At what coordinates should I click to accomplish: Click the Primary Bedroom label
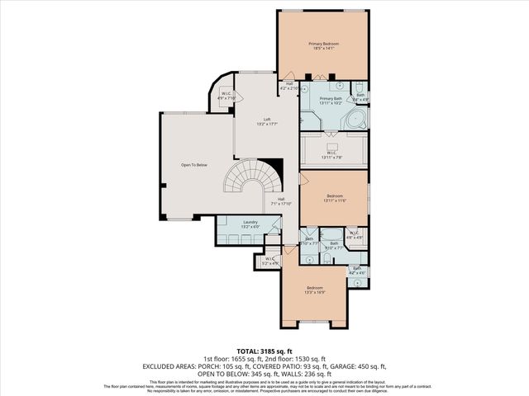tap(324, 46)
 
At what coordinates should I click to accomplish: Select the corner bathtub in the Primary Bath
tap(354, 117)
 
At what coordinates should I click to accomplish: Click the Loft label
tap(267, 122)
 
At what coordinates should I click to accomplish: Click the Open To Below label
tap(193, 165)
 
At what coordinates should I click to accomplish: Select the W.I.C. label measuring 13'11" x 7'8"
tap(331, 153)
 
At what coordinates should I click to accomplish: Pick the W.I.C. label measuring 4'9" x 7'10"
tap(226, 96)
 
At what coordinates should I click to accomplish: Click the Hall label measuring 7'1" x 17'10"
tap(281, 201)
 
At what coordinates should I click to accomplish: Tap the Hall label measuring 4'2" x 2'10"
tap(290, 85)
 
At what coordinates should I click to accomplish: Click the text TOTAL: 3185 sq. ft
tap(264, 351)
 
